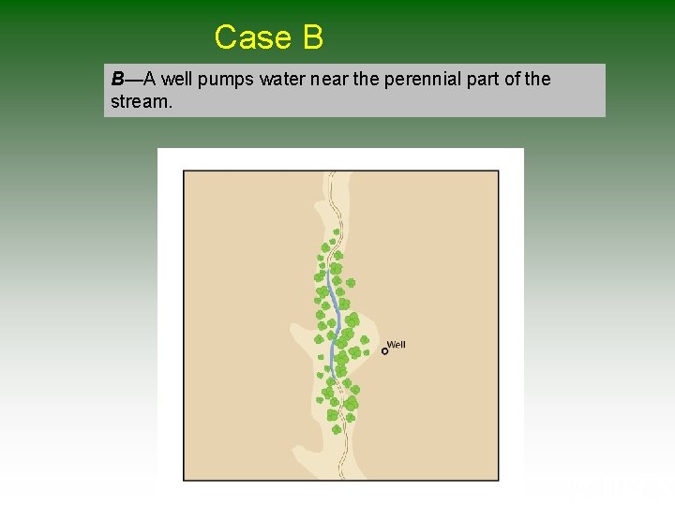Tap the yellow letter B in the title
(x=312, y=37)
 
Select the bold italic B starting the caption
(x=117, y=80)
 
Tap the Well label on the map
(x=397, y=345)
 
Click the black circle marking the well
(x=384, y=351)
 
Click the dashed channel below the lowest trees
(x=345, y=450)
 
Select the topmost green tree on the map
(x=336, y=231)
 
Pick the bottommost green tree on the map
(x=337, y=429)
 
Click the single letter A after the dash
(x=150, y=80)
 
